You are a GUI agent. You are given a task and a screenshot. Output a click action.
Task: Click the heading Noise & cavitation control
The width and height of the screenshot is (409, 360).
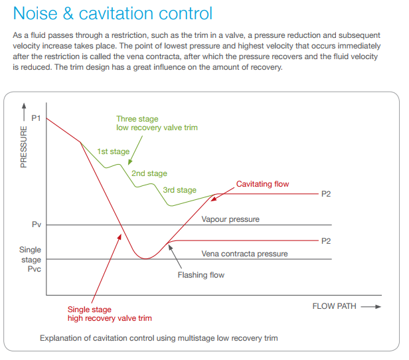pyautogui.click(x=113, y=13)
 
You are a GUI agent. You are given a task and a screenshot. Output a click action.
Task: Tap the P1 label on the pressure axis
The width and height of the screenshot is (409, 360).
pyautogui.click(x=37, y=118)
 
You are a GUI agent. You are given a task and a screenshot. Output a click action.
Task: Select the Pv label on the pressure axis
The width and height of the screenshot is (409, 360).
pyautogui.click(x=37, y=225)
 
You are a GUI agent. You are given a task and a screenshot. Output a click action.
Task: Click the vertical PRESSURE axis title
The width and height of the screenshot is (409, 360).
pyautogui.click(x=24, y=144)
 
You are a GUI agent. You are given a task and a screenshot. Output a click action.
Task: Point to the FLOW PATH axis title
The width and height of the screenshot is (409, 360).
pyautogui.click(x=334, y=306)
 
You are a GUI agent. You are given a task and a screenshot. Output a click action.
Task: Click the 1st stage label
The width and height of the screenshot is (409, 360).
pyautogui.click(x=113, y=151)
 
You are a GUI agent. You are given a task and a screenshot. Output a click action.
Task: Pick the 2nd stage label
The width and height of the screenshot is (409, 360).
pyautogui.click(x=149, y=173)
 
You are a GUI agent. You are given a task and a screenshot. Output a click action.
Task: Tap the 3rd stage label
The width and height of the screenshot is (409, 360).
pyautogui.click(x=179, y=190)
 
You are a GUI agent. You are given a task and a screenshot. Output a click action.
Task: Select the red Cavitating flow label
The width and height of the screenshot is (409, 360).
pyautogui.click(x=263, y=184)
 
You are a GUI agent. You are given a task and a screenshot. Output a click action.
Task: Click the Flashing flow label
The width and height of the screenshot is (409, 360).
pyautogui.click(x=201, y=275)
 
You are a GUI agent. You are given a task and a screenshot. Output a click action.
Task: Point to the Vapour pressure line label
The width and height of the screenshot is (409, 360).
pyautogui.click(x=230, y=219)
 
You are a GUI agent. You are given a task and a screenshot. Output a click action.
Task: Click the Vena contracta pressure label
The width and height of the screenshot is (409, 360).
pyautogui.click(x=244, y=254)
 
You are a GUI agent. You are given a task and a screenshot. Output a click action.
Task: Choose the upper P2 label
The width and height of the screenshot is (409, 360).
pyautogui.click(x=325, y=194)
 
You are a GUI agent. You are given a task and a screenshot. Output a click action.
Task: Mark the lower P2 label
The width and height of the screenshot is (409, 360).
pyautogui.click(x=325, y=240)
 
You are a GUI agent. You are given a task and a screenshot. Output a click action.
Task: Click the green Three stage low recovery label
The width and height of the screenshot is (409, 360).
pyautogui.click(x=157, y=124)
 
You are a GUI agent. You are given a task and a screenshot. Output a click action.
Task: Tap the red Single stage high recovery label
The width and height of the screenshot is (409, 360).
pyautogui.click(x=110, y=314)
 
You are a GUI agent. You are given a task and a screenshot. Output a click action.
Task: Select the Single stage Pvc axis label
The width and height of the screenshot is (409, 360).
pyautogui.click(x=31, y=260)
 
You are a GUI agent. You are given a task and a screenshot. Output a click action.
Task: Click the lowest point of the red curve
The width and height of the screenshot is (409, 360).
pyautogui.click(x=145, y=258)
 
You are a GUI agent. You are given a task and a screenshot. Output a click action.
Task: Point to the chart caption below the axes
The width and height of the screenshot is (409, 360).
pyautogui.click(x=159, y=338)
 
